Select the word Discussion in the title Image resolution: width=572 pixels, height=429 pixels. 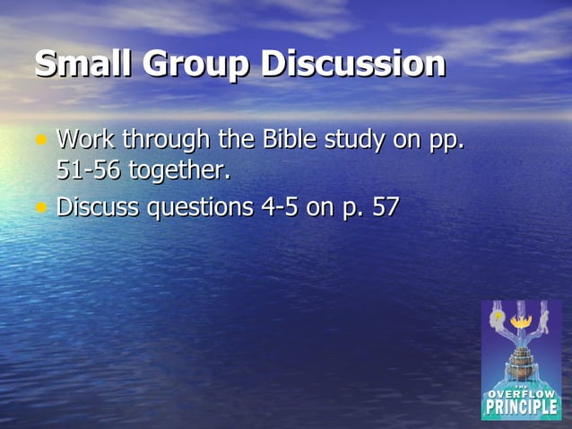353,65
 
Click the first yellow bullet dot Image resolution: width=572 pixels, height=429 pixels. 40,140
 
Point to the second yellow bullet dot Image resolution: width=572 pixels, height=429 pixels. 40,206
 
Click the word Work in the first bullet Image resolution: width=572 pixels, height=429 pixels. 87,140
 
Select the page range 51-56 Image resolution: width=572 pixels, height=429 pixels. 89,170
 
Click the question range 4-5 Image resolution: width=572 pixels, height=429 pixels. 282,207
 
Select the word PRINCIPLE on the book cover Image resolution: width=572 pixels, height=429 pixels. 521,407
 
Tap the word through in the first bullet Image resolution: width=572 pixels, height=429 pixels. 168,142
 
